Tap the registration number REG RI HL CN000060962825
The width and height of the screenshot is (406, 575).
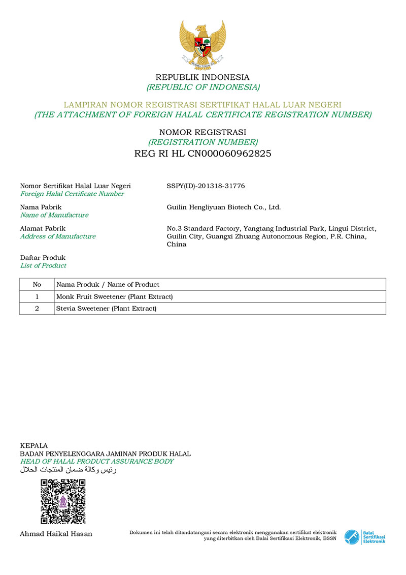[202, 154]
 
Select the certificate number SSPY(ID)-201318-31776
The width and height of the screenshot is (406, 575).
[206, 186]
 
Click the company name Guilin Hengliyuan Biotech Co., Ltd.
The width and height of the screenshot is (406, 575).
[223, 207]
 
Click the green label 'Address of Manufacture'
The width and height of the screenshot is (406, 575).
[58, 236]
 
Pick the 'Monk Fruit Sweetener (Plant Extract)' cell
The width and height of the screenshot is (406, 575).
[115, 296]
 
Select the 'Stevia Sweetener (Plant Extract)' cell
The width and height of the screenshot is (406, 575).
[107, 309]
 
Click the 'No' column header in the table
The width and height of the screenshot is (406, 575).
[37, 284]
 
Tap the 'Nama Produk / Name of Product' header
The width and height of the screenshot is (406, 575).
[108, 284]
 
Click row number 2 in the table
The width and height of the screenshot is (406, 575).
[37, 309]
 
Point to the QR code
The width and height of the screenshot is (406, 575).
[63, 501]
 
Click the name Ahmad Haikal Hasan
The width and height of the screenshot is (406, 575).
[56, 534]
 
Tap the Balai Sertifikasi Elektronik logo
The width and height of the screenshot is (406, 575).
[364, 537]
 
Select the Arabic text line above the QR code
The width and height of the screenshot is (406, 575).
[68, 470]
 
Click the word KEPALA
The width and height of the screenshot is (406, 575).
[33, 445]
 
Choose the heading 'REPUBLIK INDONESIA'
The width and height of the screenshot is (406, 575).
[202, 77]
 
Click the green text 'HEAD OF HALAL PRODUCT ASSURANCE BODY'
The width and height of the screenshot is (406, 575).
[96, 462]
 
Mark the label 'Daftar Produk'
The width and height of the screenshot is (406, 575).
[43, 258]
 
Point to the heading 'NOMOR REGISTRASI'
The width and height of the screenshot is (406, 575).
[202, 132]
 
